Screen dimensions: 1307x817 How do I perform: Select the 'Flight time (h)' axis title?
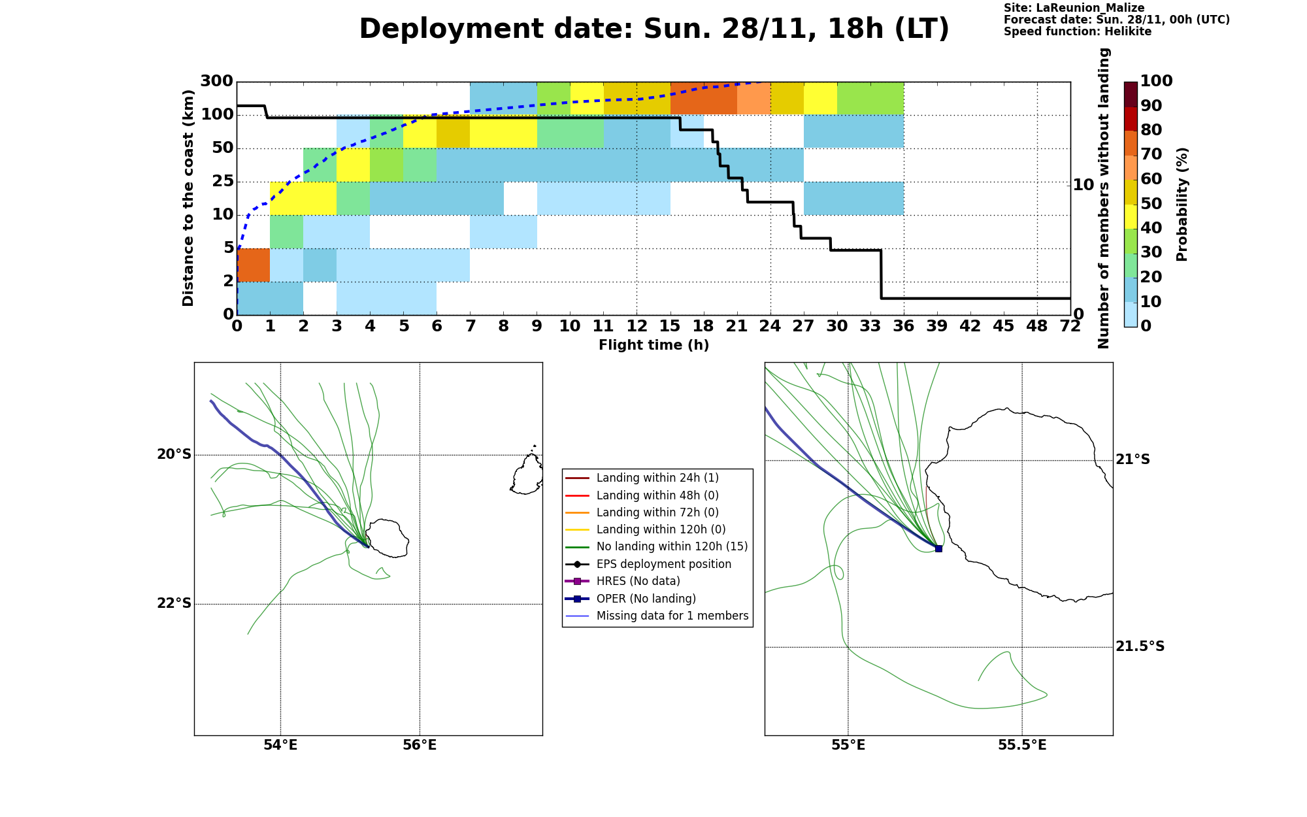click(x=653, y=345)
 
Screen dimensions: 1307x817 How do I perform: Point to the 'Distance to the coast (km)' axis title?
click(x=188, y=198)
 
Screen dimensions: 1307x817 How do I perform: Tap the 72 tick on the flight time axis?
click(x=1070, y=325)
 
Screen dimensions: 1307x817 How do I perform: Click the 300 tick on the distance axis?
click(x=216, y=81)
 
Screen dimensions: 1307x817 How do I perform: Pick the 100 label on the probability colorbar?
click(x=1156, y=80)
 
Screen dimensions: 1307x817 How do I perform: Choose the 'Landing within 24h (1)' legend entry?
click(x=657, y=478)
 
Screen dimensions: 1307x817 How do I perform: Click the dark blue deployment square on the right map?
click(x=938, y=548)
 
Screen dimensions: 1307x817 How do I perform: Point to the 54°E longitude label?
click(x=280, y=745)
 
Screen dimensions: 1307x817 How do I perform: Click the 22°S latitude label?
click(x=174, y=603)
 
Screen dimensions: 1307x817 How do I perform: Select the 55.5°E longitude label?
click(x=1022, y=745)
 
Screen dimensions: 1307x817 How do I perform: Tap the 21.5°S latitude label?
click(x=1140, y=646)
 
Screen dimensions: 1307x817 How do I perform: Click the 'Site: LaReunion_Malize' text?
click(x=1074, y=8)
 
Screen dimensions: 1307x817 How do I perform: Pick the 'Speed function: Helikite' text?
click(x=1078, y=31)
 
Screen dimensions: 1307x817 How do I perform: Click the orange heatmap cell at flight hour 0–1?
click(x=254, y=265)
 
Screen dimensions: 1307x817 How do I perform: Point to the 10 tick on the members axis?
click(x=1084, y=185)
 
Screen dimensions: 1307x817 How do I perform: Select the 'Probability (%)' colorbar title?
click(x=1182, y=204)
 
